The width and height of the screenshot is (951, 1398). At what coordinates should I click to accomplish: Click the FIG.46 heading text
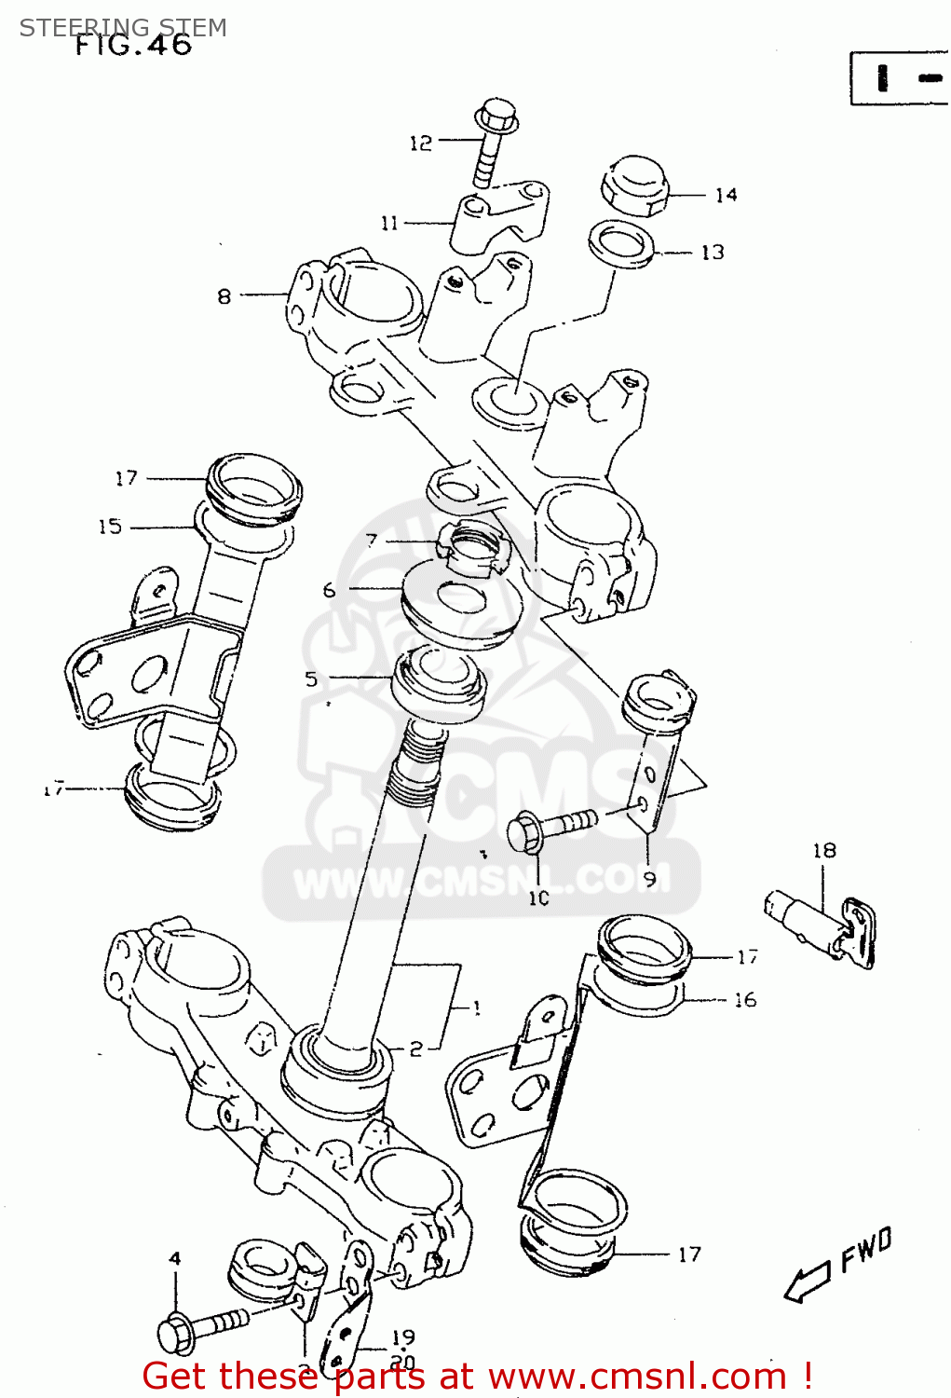point(133,45)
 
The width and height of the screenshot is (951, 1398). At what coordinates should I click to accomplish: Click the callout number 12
point(421,143)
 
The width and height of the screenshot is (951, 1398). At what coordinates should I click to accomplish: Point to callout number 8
point(224,296)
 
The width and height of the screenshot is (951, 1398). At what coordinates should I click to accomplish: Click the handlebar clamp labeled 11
point(499,216)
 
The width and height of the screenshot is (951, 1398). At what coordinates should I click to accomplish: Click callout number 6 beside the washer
point(329,590)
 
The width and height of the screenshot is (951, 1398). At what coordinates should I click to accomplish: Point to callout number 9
point(649,877)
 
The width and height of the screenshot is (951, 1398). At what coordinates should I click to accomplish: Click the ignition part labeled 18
point(820,928)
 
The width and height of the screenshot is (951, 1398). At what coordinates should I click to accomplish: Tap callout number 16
point(745,1000)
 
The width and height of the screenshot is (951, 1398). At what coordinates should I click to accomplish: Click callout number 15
point(110,527)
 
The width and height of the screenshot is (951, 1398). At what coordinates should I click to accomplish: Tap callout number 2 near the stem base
point(415,1049)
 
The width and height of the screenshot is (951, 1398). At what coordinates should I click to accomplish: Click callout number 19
point(402,1338)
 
